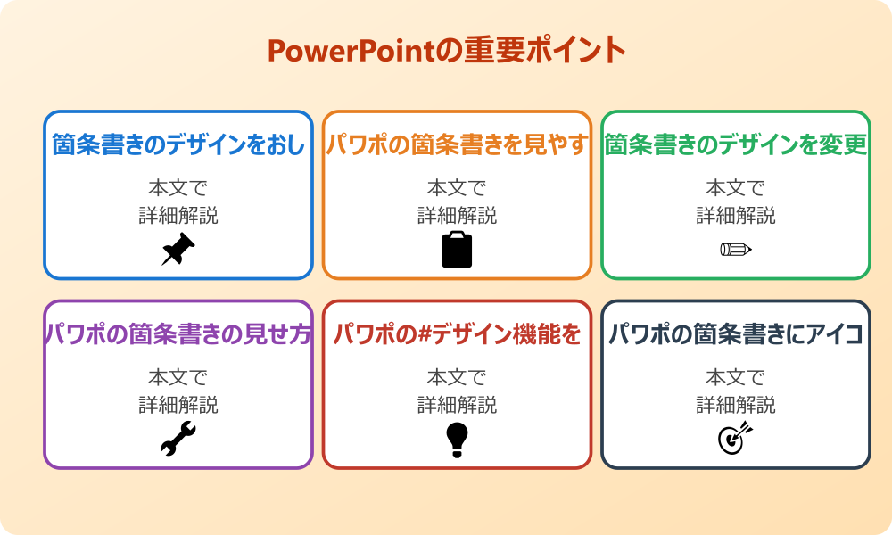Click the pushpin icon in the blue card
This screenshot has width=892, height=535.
pyautogui.click(x=178, y=250)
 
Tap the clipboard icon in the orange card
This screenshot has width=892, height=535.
pyautogui.click(x=457, y=250)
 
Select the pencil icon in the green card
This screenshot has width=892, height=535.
pyautogui.click(x=735, y=250)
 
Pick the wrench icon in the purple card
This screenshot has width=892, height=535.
pyautogui.click(x=178, y=440)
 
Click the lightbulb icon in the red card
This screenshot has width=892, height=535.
pyautogui.click(x=457, y=440)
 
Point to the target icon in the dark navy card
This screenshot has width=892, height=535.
pyautogui.click(x=735, y=440)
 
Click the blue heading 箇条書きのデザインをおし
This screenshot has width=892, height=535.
pyautogui.click(x=178, y=145)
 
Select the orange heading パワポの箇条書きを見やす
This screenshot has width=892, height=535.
pyautogui.click(x=457, y=145)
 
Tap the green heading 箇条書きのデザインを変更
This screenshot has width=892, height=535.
pyautogui.click(x=736, y=145)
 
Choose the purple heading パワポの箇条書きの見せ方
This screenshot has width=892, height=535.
pyautogui.click(x=178, y=335)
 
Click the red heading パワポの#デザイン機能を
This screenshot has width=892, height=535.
pyautogui.click(x=457, y=335)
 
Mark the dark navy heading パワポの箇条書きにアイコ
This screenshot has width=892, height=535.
pyautogui.click(x=736, y=335)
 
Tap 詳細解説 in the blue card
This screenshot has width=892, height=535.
pyautogui.click(x=178, y=216)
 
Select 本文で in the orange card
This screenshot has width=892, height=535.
pyautogui.click(x=457, y=188)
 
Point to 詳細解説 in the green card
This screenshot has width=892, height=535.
pyautogui.click(x=735, y=216)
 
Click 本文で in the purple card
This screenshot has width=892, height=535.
pyautogui.click(x=178, y=378)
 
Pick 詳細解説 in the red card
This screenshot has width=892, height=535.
pyautogui.click(x=457, y=406)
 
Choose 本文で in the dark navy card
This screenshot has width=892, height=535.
pyautogui.click(x=735, y=378)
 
